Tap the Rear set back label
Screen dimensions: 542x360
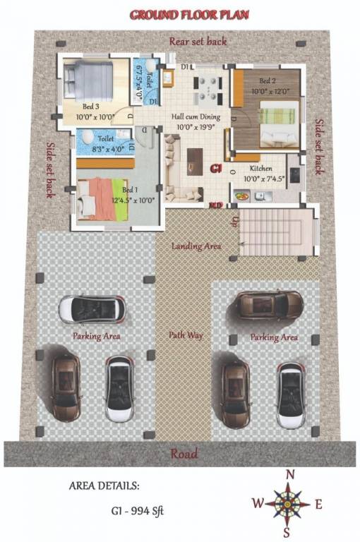198,42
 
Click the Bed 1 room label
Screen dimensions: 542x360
130,190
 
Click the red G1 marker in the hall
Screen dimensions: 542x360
217,169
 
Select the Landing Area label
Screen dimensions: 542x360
196,246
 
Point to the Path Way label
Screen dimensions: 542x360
186,335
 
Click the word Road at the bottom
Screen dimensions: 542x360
184,454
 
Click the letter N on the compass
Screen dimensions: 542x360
289,475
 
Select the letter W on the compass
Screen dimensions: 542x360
258,503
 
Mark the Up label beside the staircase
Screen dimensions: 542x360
233,221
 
